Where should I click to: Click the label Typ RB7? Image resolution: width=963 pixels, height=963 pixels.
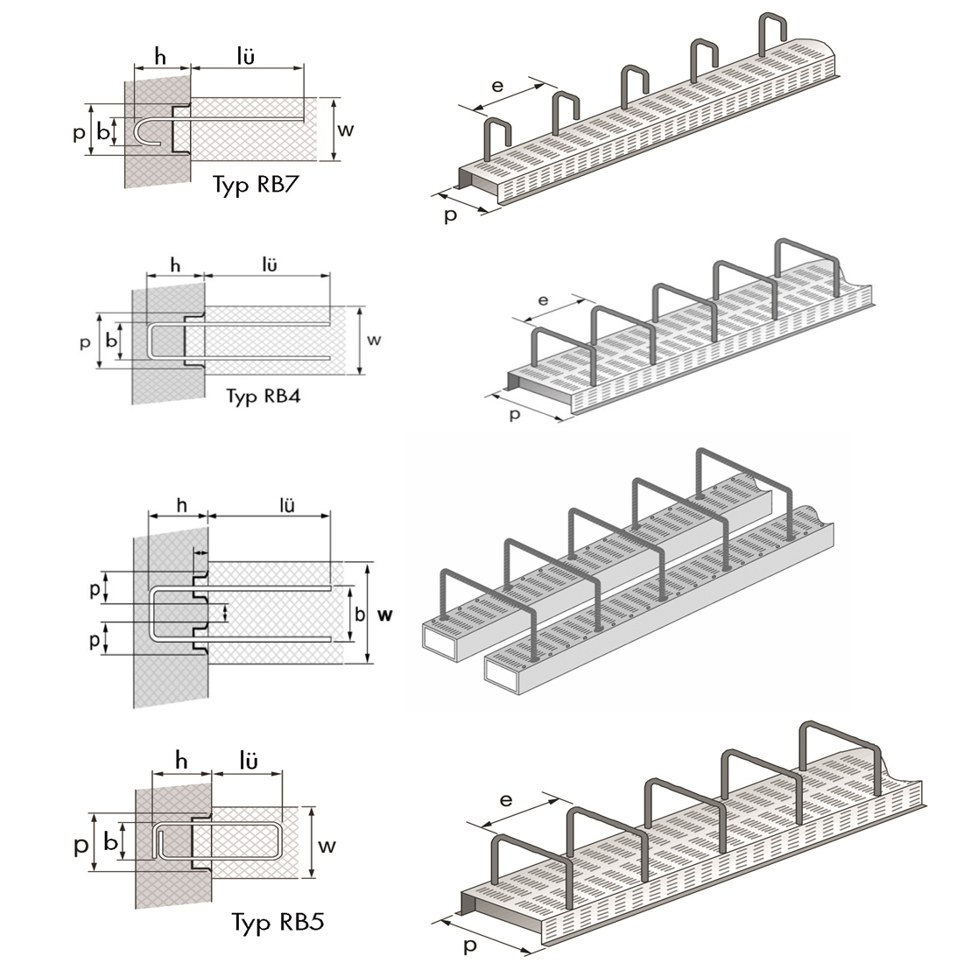(x=256, y=185)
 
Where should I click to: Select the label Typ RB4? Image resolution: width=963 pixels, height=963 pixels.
(x=264, y=396)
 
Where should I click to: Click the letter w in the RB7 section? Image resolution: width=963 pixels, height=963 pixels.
(x=346, y=130)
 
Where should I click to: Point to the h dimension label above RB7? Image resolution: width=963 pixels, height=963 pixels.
(x=160, y=56)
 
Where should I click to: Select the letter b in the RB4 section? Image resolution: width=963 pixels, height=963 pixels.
(x=110, y=340)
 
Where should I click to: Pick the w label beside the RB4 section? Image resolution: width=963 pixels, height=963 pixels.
(x=374, y=340)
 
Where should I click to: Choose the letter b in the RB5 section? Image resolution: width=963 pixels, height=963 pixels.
(x=110, y=841)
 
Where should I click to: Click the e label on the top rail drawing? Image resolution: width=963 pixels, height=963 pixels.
(x=497, y=86)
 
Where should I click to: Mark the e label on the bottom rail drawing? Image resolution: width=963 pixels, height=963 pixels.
(x=505, y=800)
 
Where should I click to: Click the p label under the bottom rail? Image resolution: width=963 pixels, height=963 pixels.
(x=470, y=945)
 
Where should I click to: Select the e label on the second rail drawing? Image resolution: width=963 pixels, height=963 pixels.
(x=543, y=301)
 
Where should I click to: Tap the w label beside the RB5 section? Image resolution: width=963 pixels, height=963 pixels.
(x=327, y=845)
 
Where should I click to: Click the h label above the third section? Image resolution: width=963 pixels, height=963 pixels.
(x=181, y=505)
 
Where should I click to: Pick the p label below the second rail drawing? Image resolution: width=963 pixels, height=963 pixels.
(x=515, y=414)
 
